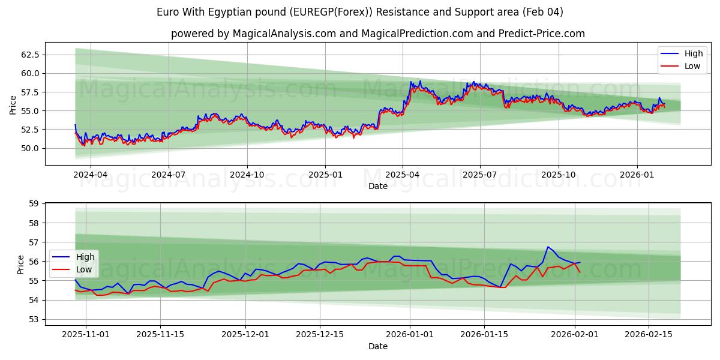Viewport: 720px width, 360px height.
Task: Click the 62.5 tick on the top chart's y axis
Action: pyautogui.click(x=30, y=55)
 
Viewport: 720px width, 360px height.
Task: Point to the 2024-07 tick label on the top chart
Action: pyautogui.click(x=168, y=175)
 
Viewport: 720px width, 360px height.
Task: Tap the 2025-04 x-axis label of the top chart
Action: pyautogui.click(x=403, y=175)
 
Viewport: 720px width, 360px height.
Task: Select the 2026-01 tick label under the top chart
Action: pyautogui.click(x=637, y=175)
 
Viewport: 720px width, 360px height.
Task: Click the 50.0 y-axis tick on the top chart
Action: pyautogui.click(x=30, y=148)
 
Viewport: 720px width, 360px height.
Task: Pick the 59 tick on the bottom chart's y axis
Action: pyautogui.click(x=34, y=204)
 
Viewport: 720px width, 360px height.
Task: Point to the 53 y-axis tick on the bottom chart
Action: pyautogui.click(x=34, y=319)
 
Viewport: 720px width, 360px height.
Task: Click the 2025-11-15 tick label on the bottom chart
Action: pyautogui.click(x=160, y=335)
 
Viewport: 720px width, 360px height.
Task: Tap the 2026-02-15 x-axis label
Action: pyautogui.click(x=649, y=335)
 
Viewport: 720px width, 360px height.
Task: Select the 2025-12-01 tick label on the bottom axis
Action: pyautogui.click(x=245, y=335)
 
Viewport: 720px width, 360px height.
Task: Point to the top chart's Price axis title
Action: pyautogui.click(x=13, y=104)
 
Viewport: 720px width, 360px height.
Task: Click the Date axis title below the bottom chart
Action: pyautogui.click(x=378, y=346)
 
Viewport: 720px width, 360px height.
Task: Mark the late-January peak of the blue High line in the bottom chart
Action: pyautogui.click(x=548, y=247)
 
